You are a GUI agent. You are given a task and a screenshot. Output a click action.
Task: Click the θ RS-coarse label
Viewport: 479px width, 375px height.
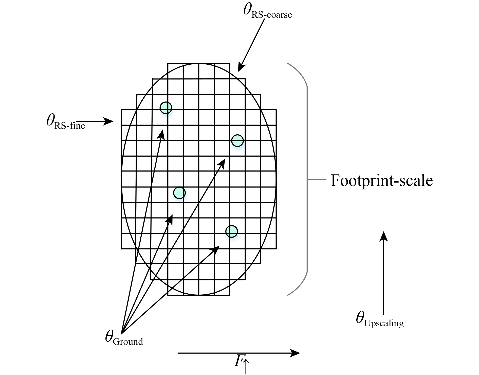pos(267,11)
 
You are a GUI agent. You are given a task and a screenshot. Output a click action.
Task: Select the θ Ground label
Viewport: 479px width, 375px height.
pos(124,339)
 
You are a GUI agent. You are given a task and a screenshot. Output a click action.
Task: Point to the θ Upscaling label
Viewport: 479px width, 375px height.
pos(379,320)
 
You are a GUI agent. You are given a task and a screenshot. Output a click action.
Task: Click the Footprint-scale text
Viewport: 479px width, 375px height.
pos(382,181)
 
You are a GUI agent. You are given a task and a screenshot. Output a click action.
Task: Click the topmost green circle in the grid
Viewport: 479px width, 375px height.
pos(166,108)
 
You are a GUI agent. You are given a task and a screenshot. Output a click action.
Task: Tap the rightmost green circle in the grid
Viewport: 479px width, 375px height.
pos(237,141)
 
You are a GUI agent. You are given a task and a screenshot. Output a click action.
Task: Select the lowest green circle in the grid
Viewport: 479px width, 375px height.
pos(231,231)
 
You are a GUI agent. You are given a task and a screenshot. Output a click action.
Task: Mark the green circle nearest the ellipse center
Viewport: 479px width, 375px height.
pos(179,193)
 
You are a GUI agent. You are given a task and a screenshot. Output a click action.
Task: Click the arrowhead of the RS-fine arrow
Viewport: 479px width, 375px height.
pos(109,121)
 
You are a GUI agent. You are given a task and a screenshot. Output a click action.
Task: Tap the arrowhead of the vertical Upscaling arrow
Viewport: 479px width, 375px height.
pos(384,235)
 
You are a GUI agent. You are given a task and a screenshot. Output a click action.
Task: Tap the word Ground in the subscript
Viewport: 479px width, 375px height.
pos(128,342)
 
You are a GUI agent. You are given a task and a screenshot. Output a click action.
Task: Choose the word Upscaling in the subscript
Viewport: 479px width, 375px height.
pos(384,323)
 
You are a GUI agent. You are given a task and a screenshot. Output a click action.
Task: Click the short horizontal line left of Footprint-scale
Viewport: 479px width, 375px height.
pos(317,180)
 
